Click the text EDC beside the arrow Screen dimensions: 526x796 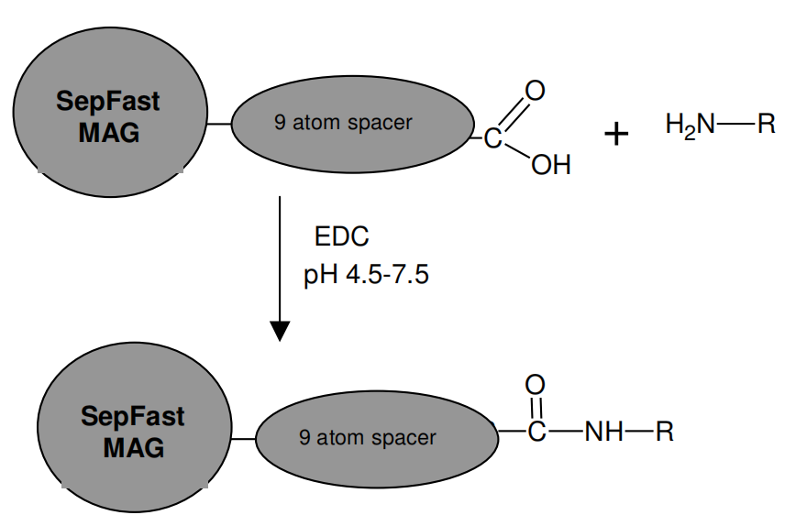click(341, 237)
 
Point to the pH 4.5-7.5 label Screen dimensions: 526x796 click(366, 275)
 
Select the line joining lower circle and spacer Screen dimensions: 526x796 click(243, 438)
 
